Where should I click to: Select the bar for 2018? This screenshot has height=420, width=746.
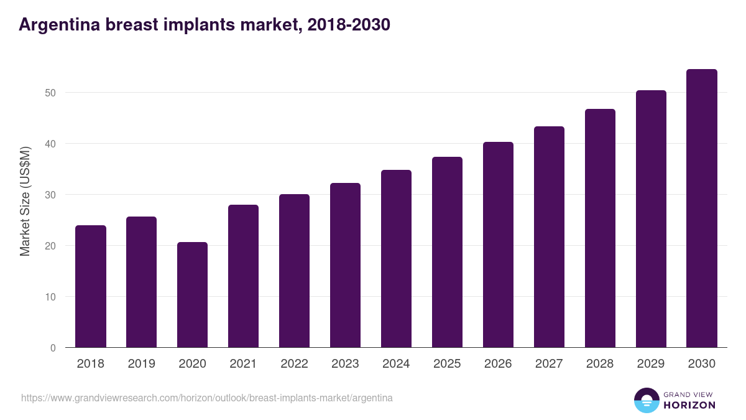click(91, 286)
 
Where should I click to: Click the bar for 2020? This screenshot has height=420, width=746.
click(192, 295)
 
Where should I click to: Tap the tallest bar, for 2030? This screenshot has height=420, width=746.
click(702, 208)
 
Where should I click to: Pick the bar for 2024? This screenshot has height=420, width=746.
click(396, 259)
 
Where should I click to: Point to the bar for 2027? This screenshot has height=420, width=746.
click(549, 237)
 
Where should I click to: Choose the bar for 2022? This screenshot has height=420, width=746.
click(294, 271)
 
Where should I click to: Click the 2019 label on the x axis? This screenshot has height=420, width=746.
click(142, 364)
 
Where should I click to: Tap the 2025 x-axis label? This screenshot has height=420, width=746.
click(447, 364)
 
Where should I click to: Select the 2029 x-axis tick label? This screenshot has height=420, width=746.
click(651, 364)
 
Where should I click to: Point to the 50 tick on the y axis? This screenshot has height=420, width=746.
click(50, 93)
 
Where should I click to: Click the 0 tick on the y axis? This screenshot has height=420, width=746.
click(53, 348)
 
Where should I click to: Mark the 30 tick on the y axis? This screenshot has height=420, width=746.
click(50, 195)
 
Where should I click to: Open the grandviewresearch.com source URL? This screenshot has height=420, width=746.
click(207, 398)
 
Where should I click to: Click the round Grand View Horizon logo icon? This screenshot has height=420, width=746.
click(646, 400)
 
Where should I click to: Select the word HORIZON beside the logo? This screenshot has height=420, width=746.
click(690, 405)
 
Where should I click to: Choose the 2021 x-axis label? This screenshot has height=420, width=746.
click(243, 364)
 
